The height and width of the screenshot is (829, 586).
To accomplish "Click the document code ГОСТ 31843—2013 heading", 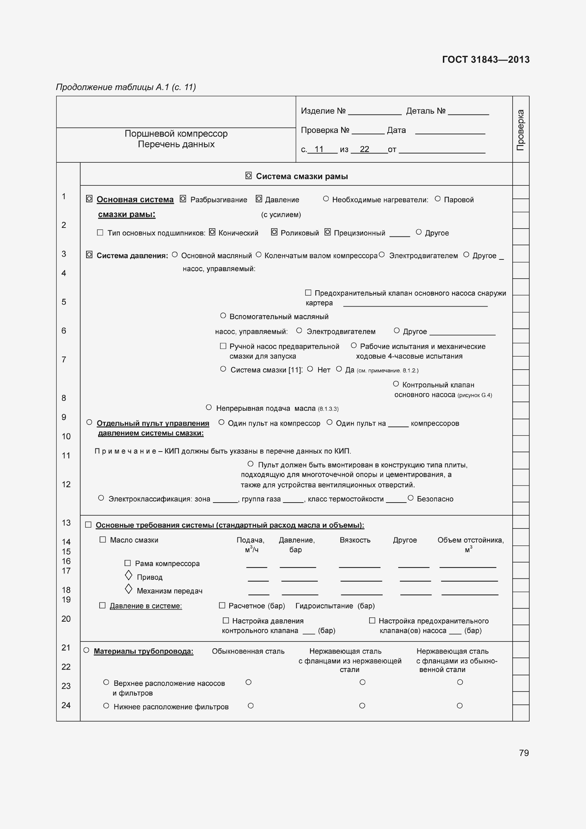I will [485, 60].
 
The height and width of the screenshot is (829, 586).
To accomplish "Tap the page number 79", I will [524, 753].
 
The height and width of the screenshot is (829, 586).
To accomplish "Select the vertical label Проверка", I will [520, 130].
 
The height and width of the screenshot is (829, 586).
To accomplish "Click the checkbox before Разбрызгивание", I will [183, 199].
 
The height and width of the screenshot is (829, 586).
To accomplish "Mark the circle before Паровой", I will [438, 198].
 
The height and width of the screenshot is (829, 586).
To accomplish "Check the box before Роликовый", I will [274, 232].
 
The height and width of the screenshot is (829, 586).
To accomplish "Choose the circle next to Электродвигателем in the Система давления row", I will [382, 255].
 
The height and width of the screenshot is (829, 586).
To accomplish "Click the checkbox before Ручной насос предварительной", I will [223, 346].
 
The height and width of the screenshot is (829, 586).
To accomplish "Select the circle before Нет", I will [310, 369].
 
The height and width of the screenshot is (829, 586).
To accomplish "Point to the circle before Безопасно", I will [410, 498].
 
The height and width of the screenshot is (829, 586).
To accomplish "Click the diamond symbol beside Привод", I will [129, 576].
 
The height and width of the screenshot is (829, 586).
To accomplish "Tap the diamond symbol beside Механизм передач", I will [129, 589].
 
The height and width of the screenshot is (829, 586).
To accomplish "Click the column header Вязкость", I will [355, 540].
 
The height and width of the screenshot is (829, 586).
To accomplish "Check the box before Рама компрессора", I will [128, 563].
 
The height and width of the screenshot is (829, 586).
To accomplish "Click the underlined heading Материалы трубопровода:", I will [143, 651].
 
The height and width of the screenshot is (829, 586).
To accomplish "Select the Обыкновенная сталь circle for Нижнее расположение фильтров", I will [251, 706].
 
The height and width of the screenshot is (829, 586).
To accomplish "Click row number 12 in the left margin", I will [66, 484].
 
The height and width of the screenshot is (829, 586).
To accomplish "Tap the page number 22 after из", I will [365, 149].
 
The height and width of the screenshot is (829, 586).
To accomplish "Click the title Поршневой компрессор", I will [176, 134].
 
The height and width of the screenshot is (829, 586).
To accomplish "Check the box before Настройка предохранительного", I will [372, 620].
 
